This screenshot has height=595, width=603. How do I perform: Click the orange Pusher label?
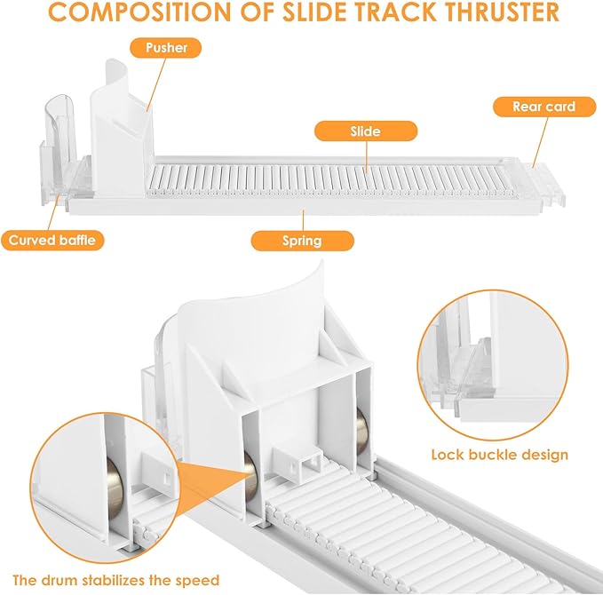click(166, 48)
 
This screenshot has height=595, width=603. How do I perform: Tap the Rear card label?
click(544, 107)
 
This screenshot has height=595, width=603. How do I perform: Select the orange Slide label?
click(366, 131)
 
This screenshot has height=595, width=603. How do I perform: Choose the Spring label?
click(302, 241)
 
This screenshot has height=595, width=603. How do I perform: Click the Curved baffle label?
click(52, 241)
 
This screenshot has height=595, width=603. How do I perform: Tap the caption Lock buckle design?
click(500, 455)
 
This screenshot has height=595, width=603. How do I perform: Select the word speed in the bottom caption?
click(200, 581)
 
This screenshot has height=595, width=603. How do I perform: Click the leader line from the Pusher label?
click(157, 84)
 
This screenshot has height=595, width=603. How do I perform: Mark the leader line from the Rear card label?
click(540, 142)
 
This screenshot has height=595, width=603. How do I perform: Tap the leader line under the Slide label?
click(367, 156)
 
